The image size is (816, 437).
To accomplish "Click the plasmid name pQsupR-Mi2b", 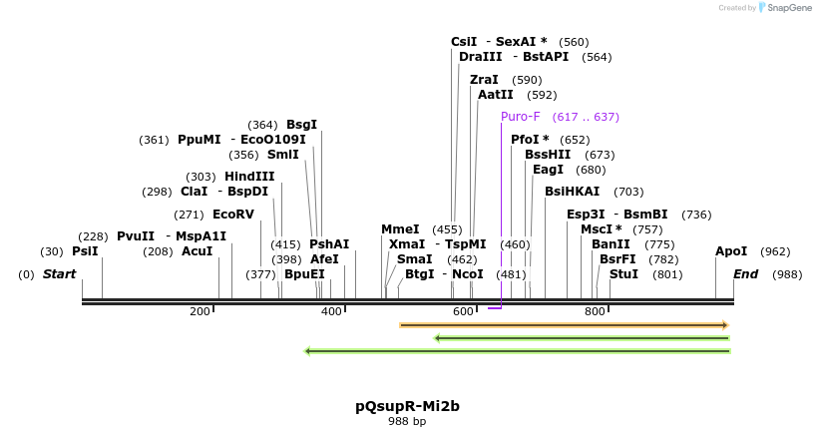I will [x=407, y=406].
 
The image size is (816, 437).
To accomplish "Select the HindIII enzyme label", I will [x=248, y=177].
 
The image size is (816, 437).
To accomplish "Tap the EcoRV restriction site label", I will [x=233, y=214].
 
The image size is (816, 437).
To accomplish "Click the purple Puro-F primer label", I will [x=521, y=117].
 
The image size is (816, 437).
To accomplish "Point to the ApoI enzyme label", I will [x=731, y=251].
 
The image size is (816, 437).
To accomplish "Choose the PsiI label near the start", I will [x=85, y=251].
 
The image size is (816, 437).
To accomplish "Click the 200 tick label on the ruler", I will [x=200, y=312].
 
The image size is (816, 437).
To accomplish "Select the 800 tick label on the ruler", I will [x=595, y=312].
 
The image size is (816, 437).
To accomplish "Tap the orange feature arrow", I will [x=564, y=325].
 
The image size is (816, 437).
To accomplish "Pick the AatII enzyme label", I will [x=495, y=95].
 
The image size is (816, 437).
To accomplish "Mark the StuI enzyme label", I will [x=623, y=273].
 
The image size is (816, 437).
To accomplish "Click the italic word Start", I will [x=59, y=273].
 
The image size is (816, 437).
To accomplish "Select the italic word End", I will [x=745, y=273].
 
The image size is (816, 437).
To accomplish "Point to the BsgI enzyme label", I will [x=301, y=125].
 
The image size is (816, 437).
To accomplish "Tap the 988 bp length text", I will [x=407, y=422].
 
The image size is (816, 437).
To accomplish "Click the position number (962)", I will [x=775, y=251].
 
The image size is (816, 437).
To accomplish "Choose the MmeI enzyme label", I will [x=400, y=229].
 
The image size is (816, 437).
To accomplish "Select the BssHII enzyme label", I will [x=548, y=155].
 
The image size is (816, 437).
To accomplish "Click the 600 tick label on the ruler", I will [x=463, y=312].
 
